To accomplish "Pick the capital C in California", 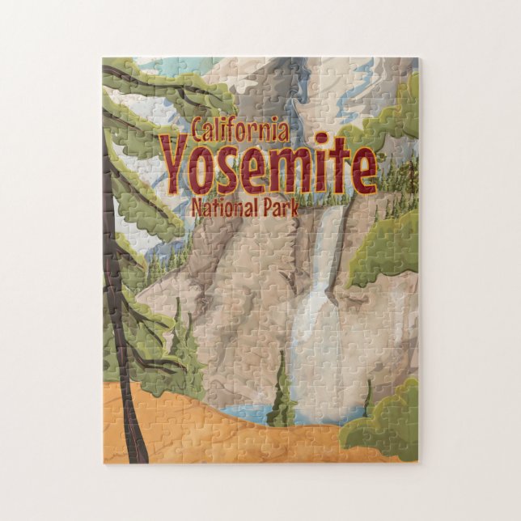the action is click(x=199, y=128).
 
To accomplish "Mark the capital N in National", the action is click(x=198, y=207).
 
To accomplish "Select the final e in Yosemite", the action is click(x=362, y=170).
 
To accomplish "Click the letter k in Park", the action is click(x=294, y=207).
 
